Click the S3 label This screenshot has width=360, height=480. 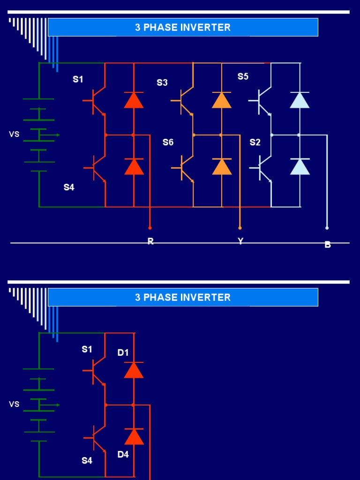click(162, 83)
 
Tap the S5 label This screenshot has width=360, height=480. click(243, 76)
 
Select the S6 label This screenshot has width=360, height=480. click(168, 142)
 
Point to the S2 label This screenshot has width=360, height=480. click(255, 142)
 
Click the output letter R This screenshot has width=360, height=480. click(150, 241)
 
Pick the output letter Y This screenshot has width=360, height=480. click(240, 241)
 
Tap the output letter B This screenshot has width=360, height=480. click(328, 244)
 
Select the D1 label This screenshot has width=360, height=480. click(123, 353)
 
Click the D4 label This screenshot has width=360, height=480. click(123, 454)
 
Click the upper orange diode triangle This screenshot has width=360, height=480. click(222, 100)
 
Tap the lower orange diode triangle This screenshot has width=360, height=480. click(222, 166)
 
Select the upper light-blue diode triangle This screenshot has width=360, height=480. click(300, 100)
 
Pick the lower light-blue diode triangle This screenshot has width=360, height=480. click(300, 166)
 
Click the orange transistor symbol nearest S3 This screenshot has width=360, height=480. click(187, 101)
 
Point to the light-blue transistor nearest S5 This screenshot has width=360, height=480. click(264, 101)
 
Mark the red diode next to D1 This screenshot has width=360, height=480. click(134, 370)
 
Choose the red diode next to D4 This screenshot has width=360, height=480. click(134, 436)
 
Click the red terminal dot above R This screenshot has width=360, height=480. click(150, 228)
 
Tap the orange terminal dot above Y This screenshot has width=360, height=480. click(240, 228)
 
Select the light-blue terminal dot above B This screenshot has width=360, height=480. click(327, 228)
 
